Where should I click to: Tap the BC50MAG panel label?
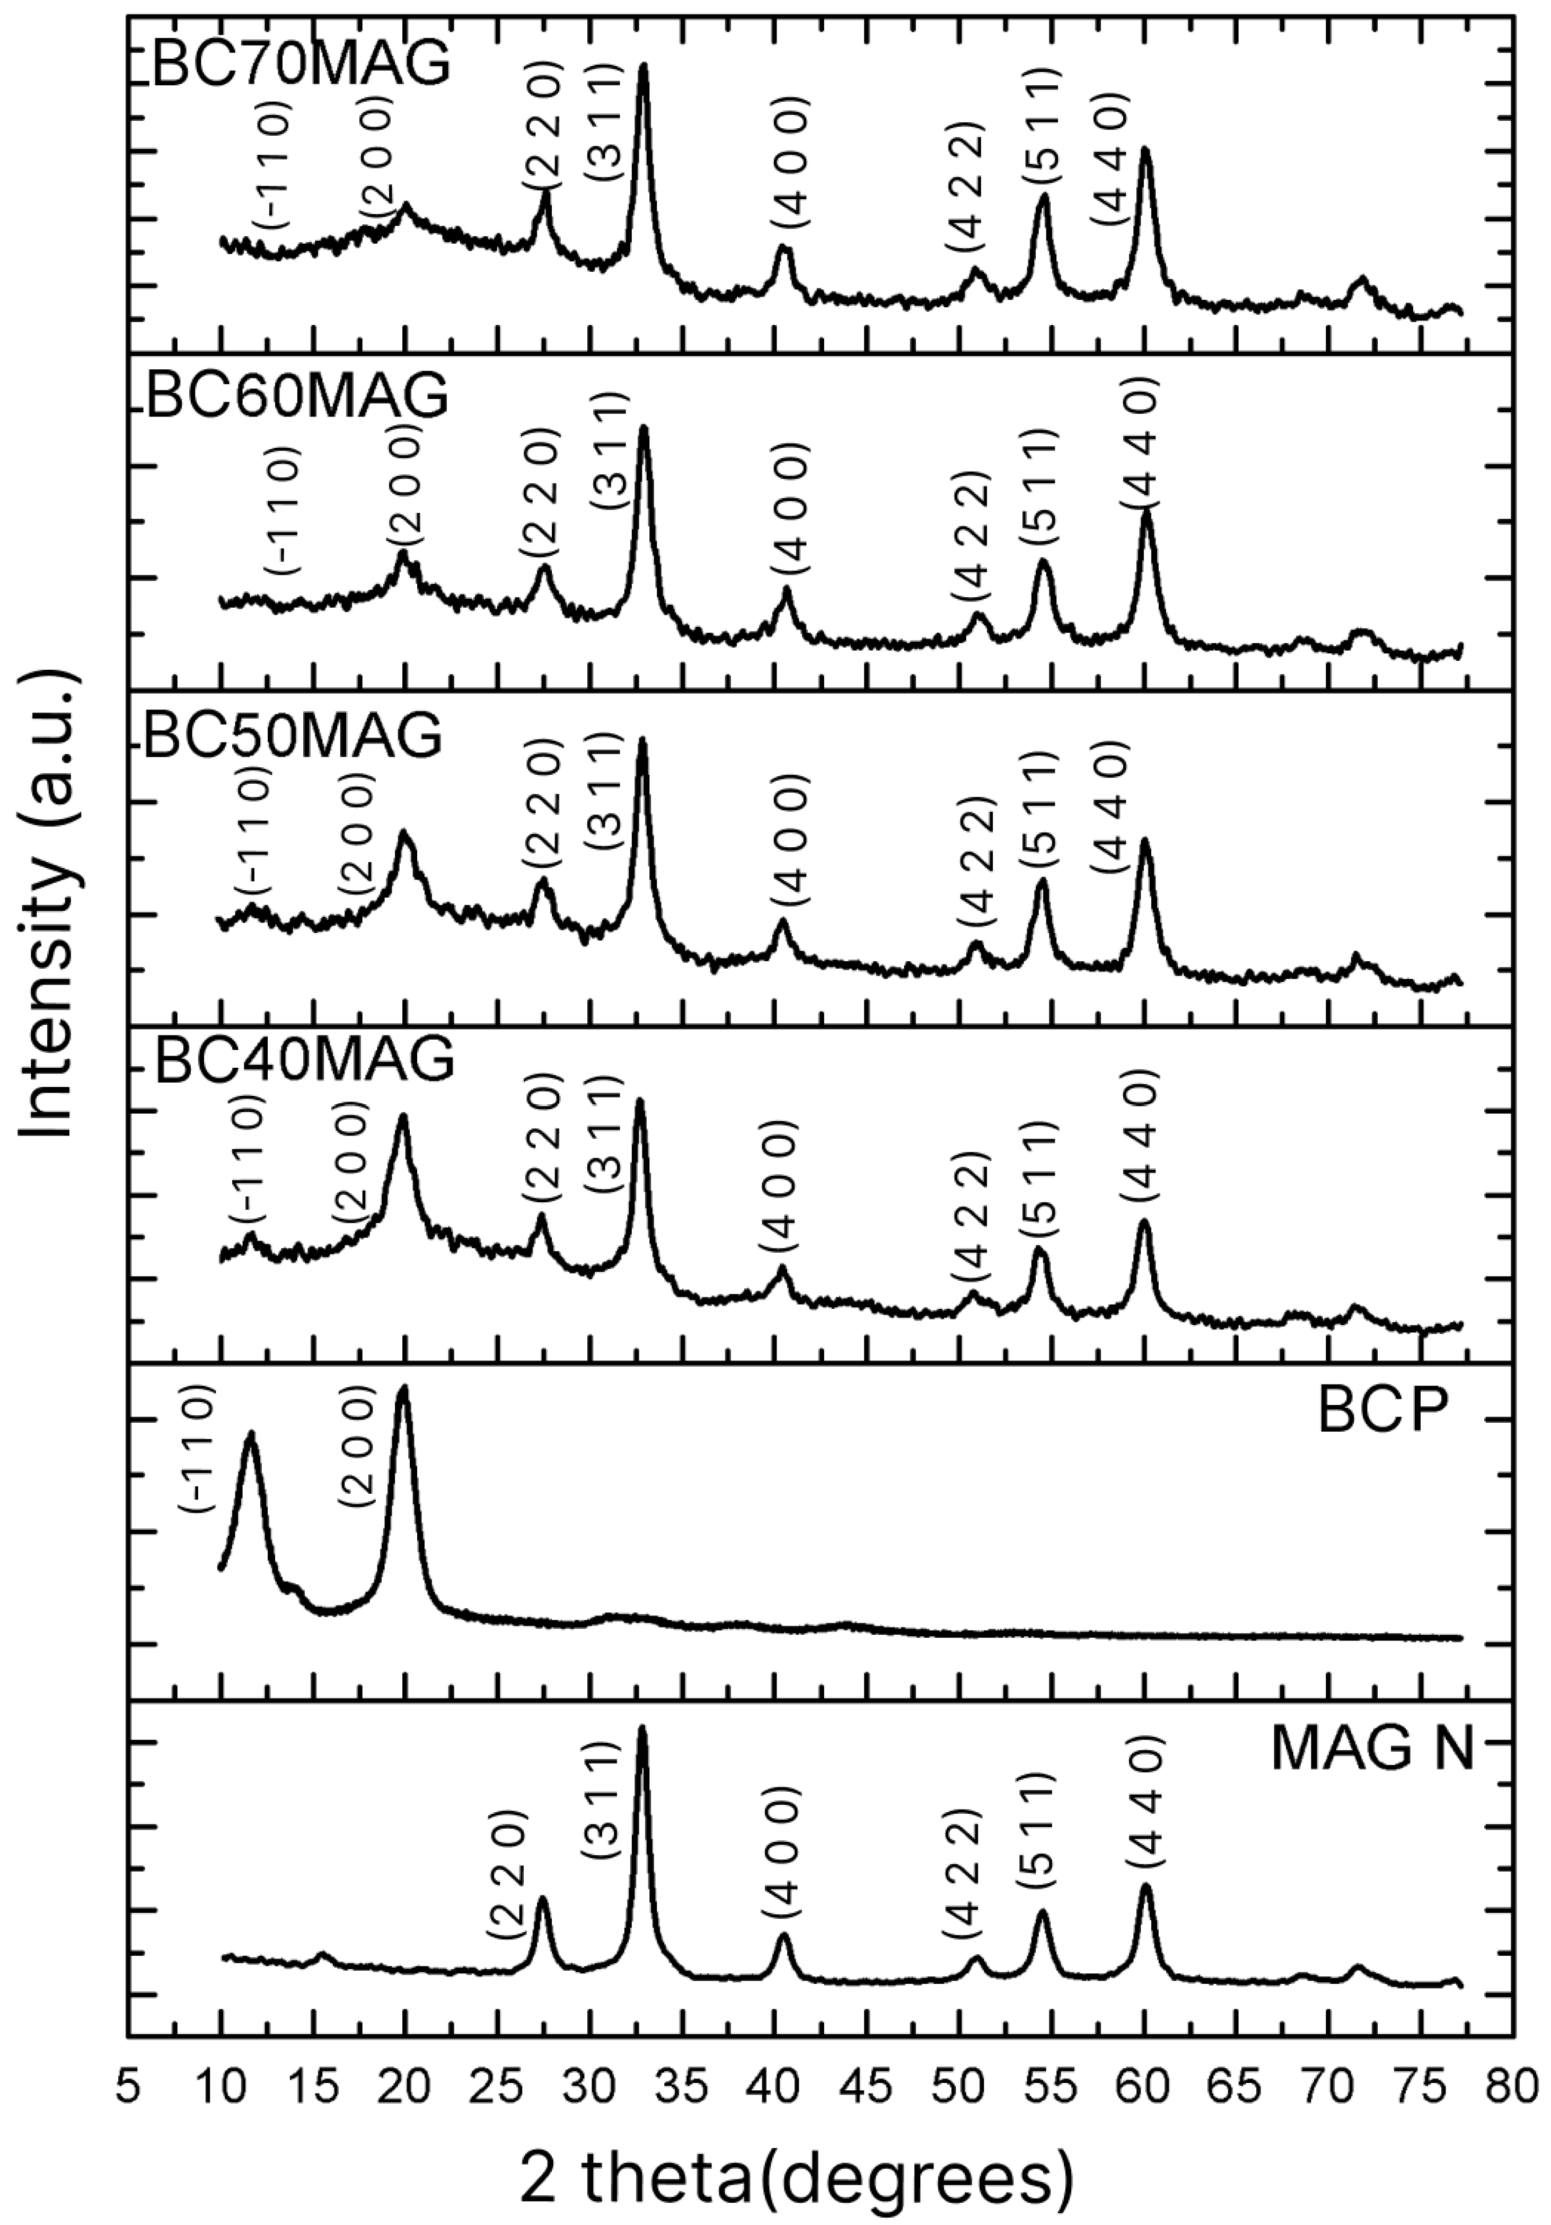click(293, 737)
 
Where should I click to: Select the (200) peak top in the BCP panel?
click(403, 1389)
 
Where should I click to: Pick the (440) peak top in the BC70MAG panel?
click(1145, 150)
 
